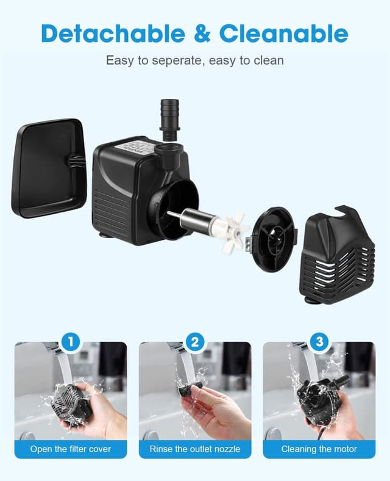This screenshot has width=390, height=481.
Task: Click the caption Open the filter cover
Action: click(x=71, y=449)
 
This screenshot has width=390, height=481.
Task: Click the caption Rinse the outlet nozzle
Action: click(x=195, y=449)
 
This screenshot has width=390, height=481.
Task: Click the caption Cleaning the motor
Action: click(x=319, y=449)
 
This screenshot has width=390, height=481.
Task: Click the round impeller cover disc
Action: click(x=272, y=238)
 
